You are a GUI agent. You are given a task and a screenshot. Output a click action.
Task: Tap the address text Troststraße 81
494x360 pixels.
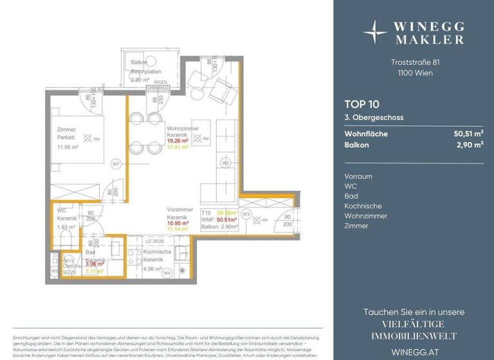[x=414, y=62]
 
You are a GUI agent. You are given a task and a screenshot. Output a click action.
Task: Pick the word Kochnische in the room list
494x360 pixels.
[x=363, y=206]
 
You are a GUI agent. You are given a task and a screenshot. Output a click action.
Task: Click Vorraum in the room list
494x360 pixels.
[x=358, y=176]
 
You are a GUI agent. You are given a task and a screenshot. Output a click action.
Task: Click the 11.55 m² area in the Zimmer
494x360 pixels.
[x=66, y=147]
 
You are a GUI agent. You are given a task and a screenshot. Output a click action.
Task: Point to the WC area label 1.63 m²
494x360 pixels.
[x=66, y=227]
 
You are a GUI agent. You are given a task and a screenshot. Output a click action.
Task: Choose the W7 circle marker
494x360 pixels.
[x=116, y=163]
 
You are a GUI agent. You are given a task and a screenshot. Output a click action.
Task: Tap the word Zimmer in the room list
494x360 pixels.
[x=356, y=226]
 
